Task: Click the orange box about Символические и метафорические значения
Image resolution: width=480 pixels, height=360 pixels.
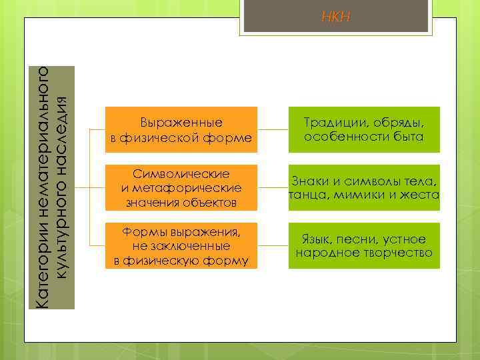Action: (181, 187)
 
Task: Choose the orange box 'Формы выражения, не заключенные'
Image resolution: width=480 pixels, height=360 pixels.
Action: (181, 245)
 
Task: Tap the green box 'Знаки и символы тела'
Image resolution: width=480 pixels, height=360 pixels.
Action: (364, 187)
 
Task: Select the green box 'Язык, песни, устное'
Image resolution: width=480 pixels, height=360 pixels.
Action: (364, 245)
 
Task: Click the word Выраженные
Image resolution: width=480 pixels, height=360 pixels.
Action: (181, 123)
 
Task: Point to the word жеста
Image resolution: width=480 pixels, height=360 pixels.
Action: (421, 195)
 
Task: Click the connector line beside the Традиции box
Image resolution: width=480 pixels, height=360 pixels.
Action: (273, 129)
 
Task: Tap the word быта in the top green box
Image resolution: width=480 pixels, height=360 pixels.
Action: (409, 137)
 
